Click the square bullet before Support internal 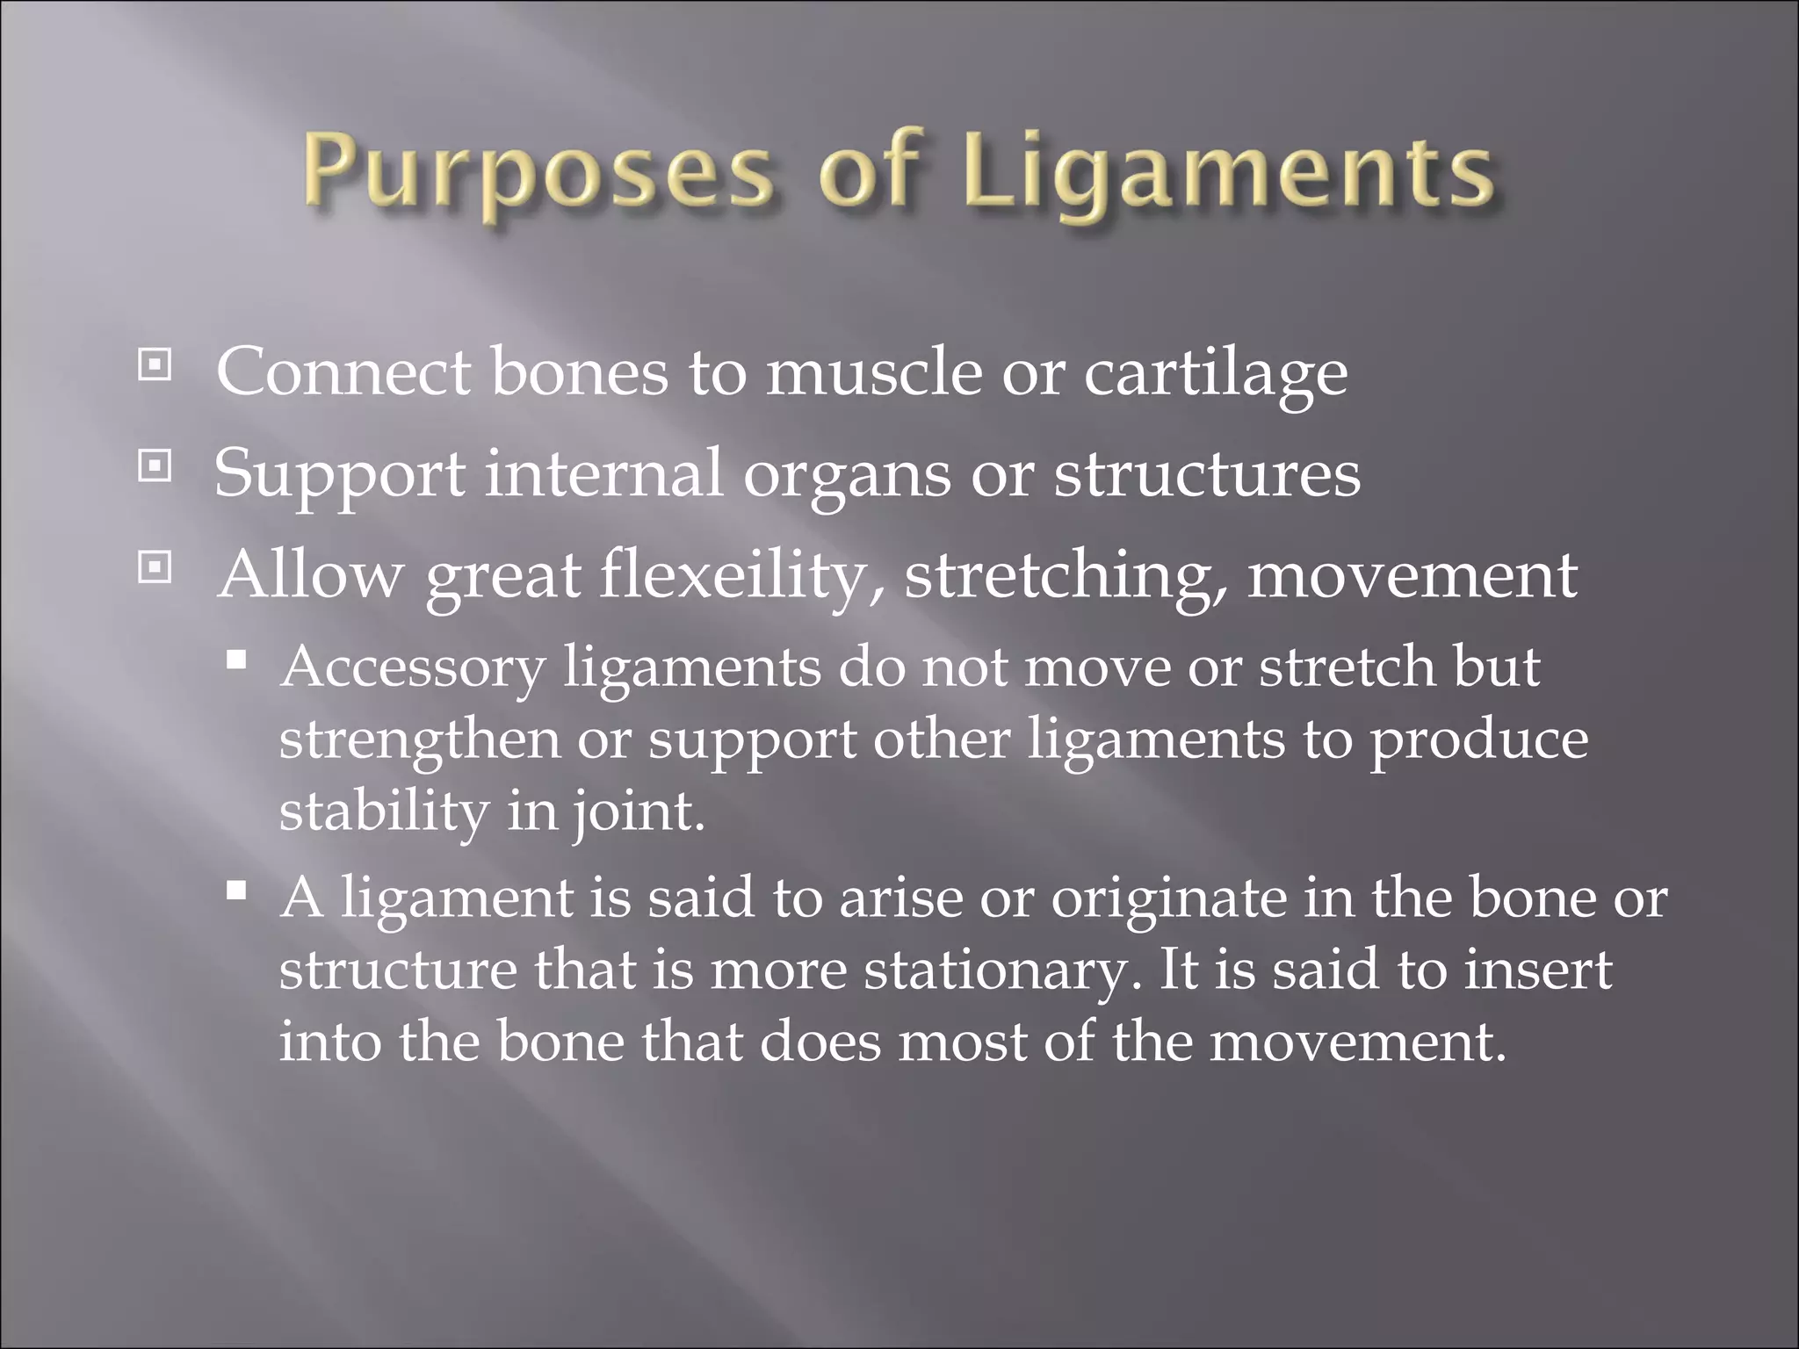tap(155, 466)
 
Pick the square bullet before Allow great tap(155, 568)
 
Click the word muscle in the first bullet tap(873, 373)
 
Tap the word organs tap(847, 475)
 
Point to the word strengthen tap(419, 740)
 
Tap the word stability tap(384, 811)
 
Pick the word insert tap(1538, 970)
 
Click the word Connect tap(343, 373)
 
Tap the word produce tap(1479, 740)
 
